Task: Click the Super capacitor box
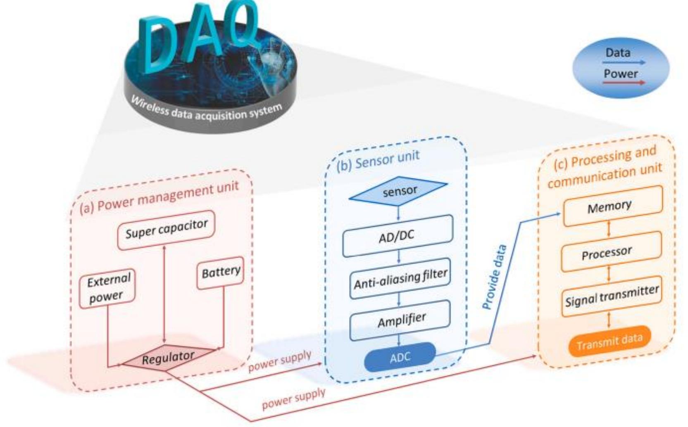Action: pos(166,230)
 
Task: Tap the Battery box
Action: pos(221,272)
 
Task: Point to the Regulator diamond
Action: pos(167,358)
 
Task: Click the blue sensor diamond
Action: pos(399,191)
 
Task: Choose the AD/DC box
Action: pos(397,236)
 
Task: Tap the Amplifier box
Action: pos(400,320)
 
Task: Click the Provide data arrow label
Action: pos(495,277)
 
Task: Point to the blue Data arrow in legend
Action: pos(623,63)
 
